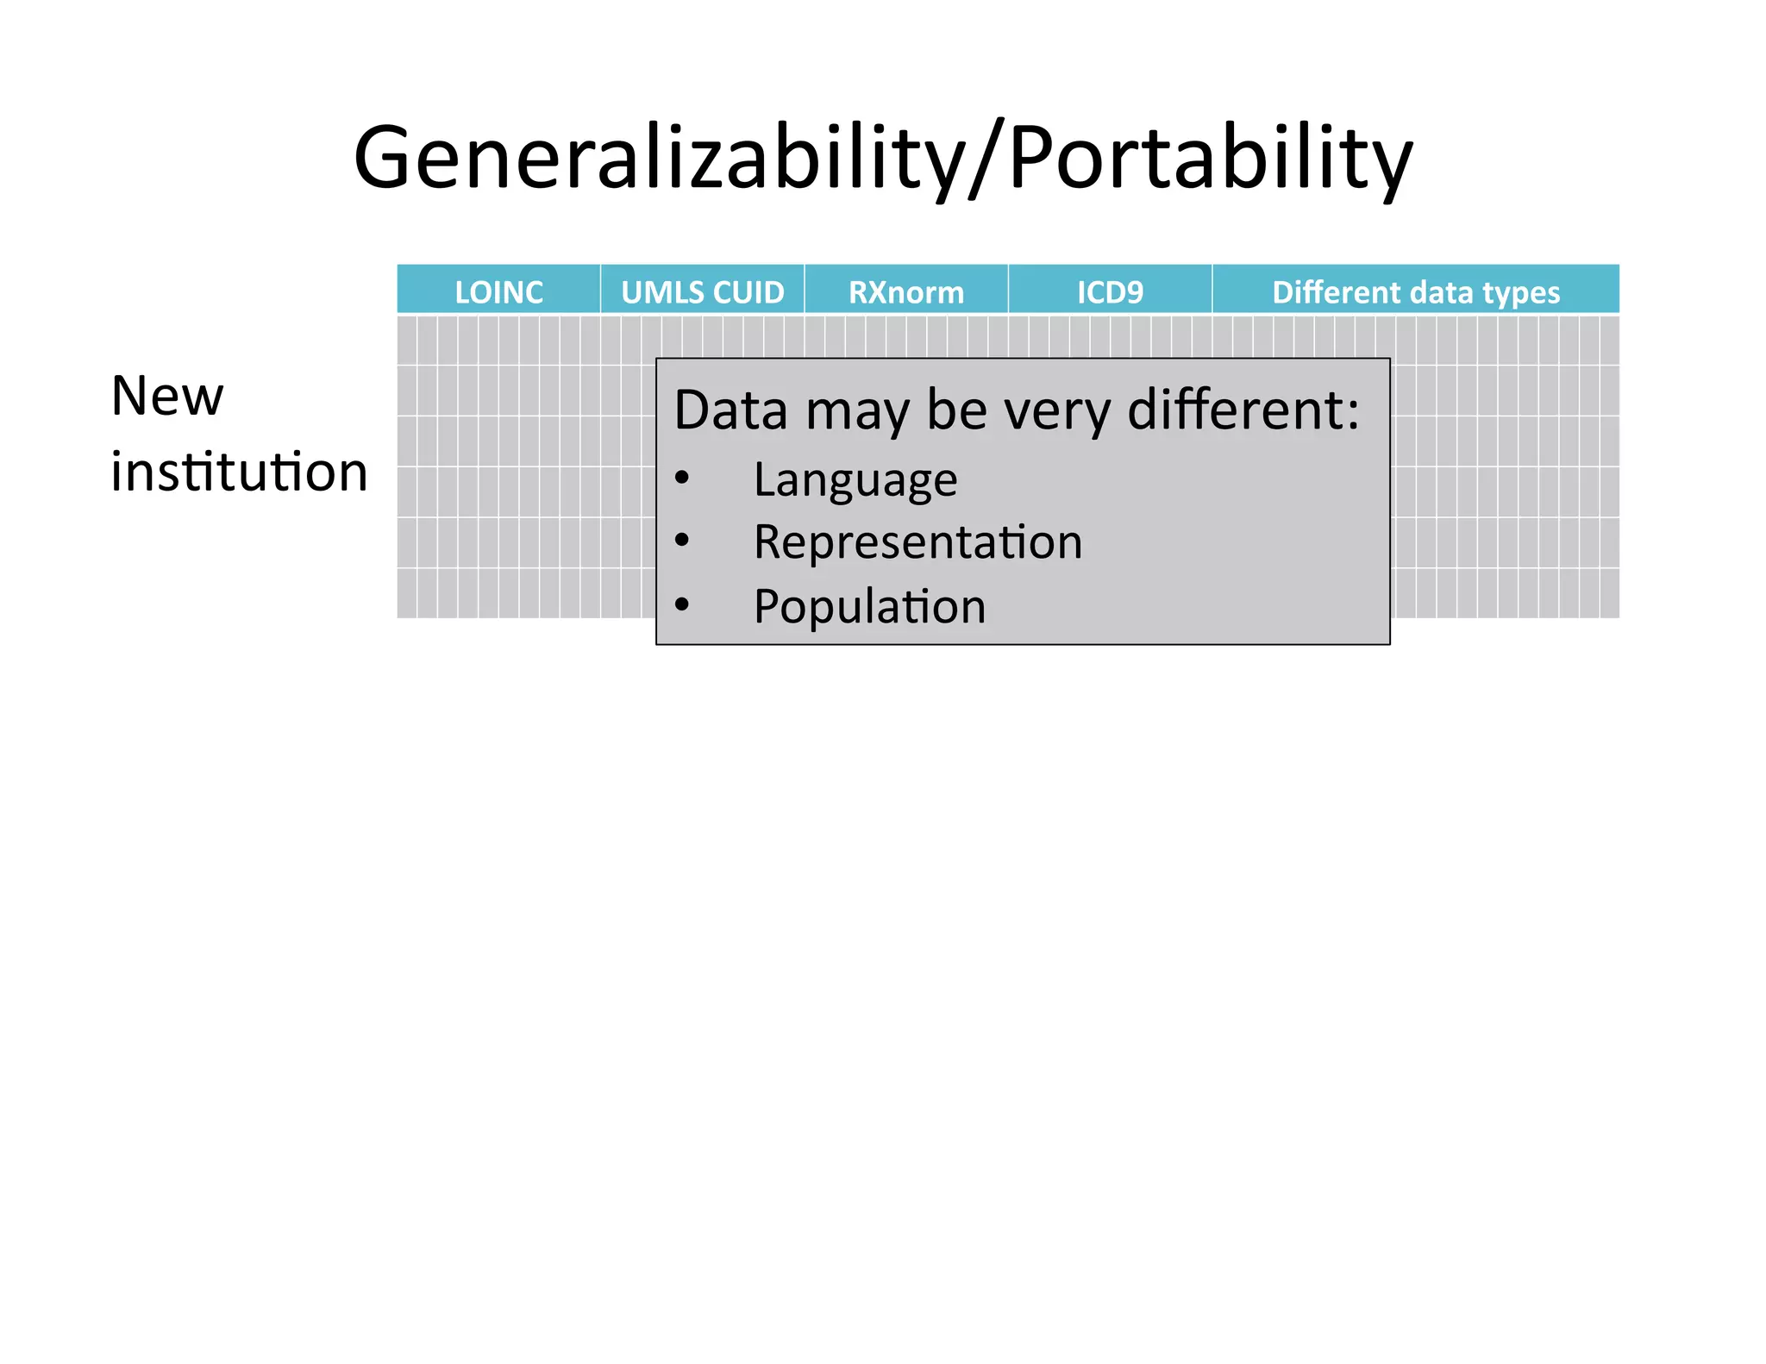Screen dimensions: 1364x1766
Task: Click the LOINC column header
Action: click(x=498, y=292)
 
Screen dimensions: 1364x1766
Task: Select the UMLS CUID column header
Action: click(x=703, y=292)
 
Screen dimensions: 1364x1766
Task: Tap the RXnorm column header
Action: click(x=906, y=292)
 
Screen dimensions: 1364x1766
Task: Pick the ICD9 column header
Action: click(x=1110, y=292)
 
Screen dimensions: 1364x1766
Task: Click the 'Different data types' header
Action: click(x=1416, y=292)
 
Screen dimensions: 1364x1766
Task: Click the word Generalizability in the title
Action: click(x=660, y=159)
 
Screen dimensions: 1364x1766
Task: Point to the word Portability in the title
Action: click(x=1210, y=159)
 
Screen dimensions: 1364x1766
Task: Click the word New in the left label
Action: click(x=167, y=397)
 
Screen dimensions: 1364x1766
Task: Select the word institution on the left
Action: click(x=239, y=472)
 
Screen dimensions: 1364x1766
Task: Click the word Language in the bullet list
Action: click(x=855, y=480)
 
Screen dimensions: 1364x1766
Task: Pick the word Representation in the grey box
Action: click(x=917, y=542)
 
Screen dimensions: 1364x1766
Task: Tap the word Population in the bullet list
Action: click(x=869, y=606)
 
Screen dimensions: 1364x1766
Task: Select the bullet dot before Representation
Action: click(x=682, y=541)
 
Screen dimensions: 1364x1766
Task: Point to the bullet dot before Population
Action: click(x=682, y=604)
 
